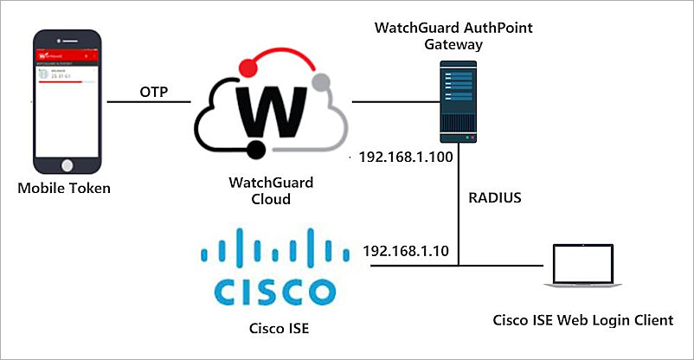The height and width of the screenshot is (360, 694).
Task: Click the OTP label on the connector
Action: tap(153, 91)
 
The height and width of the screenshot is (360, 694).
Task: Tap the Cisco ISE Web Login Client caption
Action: tap(582, 320)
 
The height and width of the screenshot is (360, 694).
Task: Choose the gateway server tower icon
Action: tap(459, 100)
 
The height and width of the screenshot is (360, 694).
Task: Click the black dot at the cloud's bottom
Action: tap(256, 153)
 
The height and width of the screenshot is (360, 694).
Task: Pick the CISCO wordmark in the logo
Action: tap(272, 292)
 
